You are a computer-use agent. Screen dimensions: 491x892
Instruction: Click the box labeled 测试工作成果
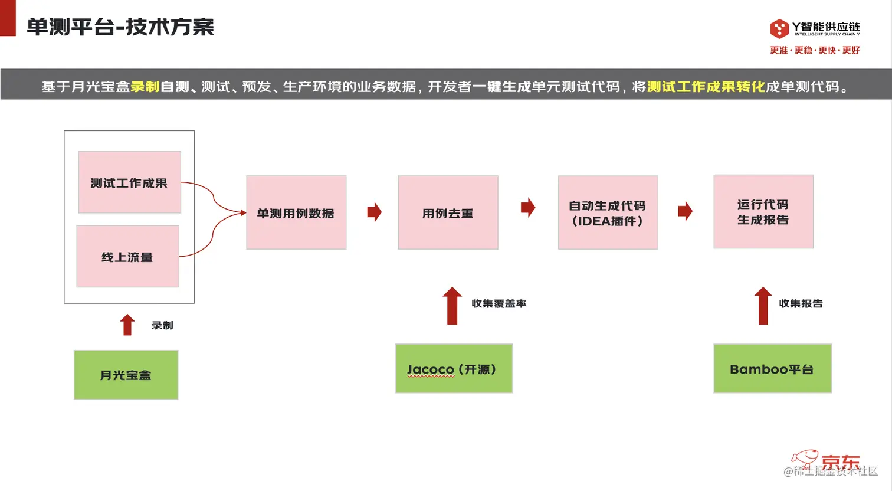(129, 182)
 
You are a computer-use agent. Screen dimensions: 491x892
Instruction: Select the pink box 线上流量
(127, 257)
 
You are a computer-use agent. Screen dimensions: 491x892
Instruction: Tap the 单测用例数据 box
(296, 212)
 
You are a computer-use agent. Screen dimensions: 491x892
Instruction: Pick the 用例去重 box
(448, 212)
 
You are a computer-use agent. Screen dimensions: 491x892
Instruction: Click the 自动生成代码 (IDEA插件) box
(608, 212)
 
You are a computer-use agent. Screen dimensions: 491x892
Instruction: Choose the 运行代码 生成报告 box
(763, 211)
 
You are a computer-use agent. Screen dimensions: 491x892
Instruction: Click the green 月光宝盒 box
(126, 375)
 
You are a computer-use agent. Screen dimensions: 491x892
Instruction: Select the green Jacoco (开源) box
(454, 369)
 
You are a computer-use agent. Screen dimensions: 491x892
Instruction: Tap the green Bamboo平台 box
(772, 369)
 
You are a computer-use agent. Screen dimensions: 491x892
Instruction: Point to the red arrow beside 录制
(127, 325)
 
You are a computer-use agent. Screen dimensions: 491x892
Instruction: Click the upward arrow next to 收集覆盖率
(452, 306)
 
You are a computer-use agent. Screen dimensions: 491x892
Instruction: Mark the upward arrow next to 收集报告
(763, 306)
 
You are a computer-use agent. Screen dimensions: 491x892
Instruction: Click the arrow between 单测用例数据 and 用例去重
(374, 212)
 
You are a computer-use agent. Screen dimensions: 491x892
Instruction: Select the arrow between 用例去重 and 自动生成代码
(528, 207)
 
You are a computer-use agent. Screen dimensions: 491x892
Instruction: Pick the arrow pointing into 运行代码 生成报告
(685, 211)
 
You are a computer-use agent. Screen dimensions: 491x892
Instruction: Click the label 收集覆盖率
(499, 304)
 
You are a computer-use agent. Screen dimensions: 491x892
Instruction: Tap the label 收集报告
(801, 304)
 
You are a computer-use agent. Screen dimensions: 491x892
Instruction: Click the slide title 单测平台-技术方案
(120, 27)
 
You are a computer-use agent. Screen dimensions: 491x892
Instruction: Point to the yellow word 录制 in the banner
(145, 87)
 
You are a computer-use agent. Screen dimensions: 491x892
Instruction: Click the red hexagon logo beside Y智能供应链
(779, 28)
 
